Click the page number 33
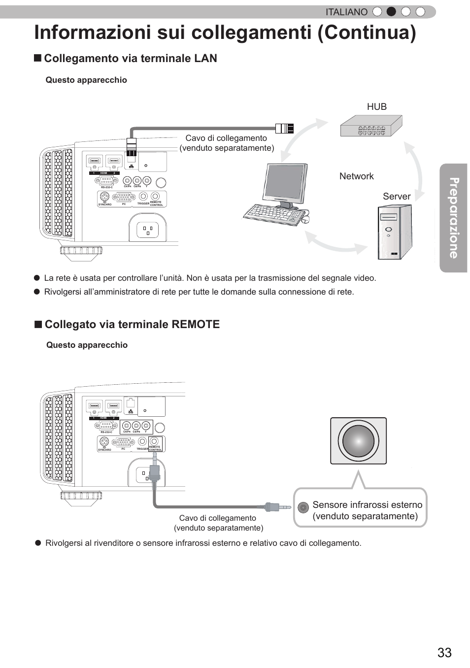444,652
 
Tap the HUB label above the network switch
377,106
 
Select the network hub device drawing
371,127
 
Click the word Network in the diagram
356,176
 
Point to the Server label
397,196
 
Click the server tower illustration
394,232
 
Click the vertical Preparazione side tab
453,218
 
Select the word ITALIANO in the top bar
346,12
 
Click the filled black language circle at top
391,12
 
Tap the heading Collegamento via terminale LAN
130,58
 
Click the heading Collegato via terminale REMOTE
132,324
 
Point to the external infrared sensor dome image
358,440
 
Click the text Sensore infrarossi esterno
367,504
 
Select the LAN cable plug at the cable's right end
284,129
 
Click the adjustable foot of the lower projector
81,498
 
